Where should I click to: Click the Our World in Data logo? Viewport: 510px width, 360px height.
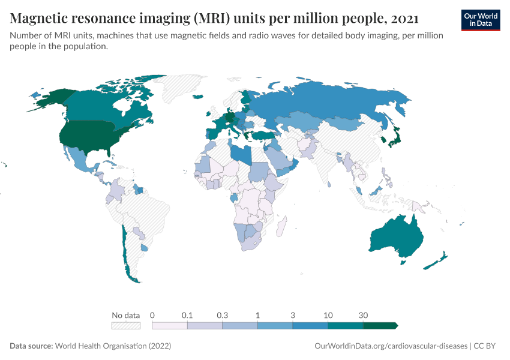(480, 19)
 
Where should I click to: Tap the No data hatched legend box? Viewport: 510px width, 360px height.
(126, 326)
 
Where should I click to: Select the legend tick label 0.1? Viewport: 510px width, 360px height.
(187, 315)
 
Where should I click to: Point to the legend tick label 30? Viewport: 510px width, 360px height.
(363, 315)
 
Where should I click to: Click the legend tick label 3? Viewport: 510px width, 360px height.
(293, 315)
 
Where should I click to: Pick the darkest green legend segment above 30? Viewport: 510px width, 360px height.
(380, 326)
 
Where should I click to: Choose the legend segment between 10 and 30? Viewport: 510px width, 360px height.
(346, 326)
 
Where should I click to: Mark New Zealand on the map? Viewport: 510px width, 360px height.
(437, 262)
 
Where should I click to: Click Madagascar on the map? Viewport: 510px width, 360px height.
(280, 227)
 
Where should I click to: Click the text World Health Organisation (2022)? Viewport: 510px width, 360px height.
(113, 346)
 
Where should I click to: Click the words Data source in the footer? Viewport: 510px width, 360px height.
(31, 346)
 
